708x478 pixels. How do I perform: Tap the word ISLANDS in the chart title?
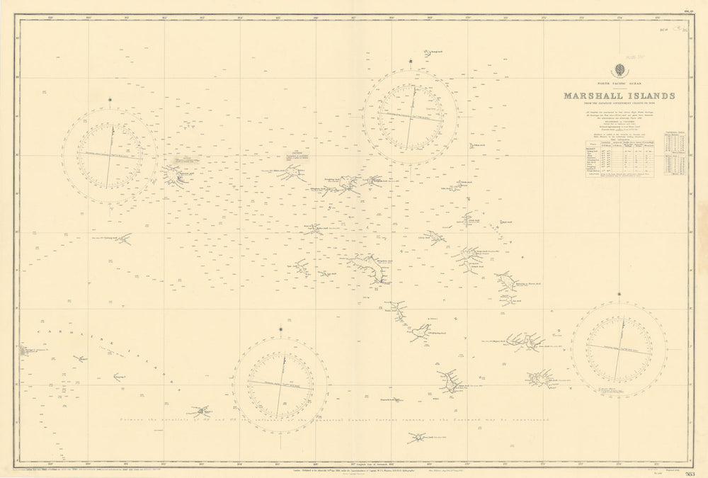pyautogui.click(x=649, y=96)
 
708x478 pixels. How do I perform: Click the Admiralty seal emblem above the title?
pyautogui.click(x=619, y=70)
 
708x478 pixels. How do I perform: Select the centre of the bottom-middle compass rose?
pyautogui.click(x=281, y=384)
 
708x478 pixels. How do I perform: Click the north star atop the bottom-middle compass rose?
pyautogui.click(x=282, y=328)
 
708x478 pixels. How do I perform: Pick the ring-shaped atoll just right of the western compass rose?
pyautogui.click(x=174, y=175)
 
